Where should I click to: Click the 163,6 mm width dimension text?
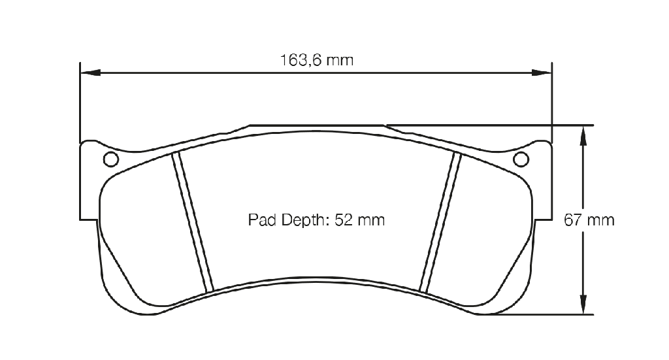tap(317, 60)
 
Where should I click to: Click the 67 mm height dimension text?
tap(589, 220)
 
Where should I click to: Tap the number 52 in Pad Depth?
tap(342, 220)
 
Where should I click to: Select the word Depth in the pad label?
tap(304, 221)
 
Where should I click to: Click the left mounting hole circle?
tap(111, 159)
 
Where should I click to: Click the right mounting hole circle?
tap(521, 159)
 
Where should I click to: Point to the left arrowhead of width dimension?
tap(90, 73)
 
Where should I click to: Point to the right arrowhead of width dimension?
tap(542, 73)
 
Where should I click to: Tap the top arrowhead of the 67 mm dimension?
tap(583, 136)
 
